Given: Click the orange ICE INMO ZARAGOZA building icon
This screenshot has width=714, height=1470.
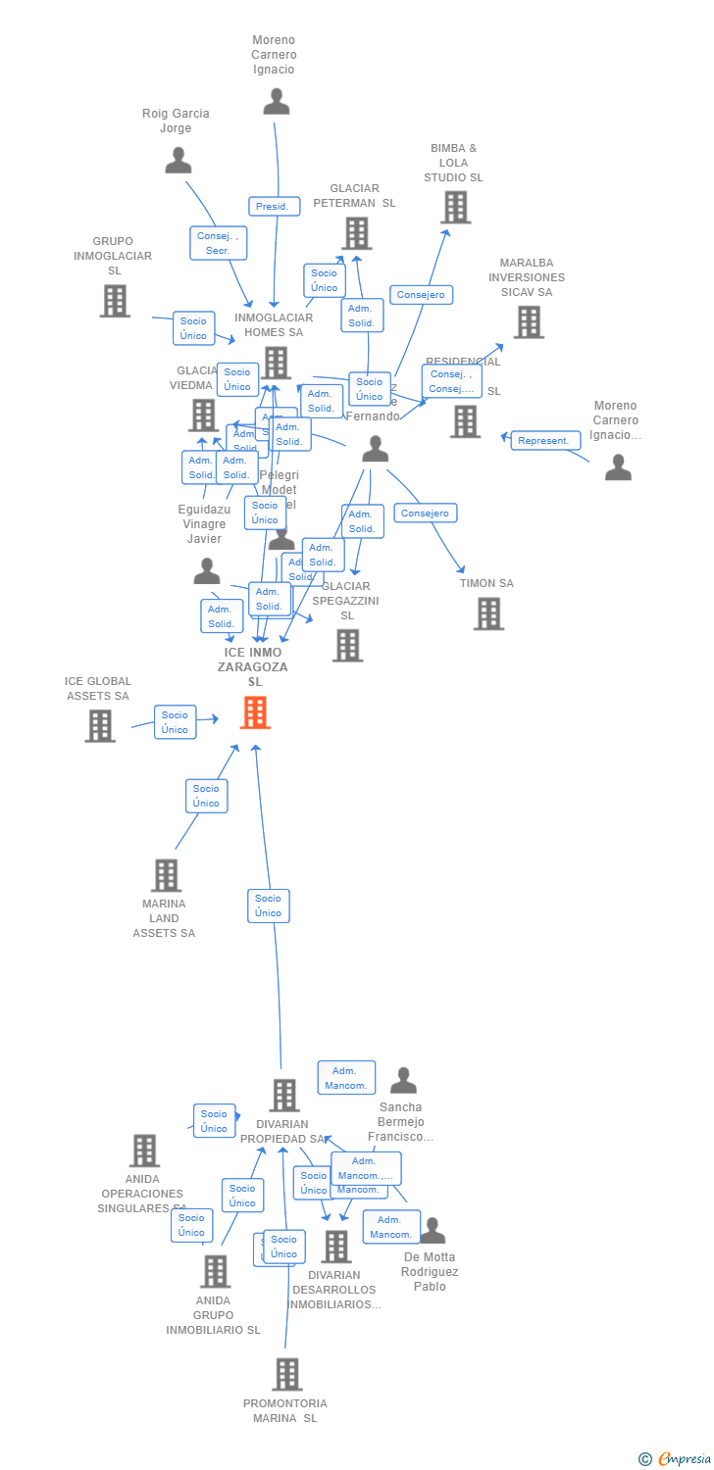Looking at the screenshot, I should (x=255, y=712).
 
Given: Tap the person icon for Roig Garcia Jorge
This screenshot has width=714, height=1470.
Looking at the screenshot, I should (x=178, y=160).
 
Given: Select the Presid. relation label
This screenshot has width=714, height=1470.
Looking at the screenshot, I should (x=274, y=207).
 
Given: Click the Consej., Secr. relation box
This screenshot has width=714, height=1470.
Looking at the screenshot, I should (x=218, y=243).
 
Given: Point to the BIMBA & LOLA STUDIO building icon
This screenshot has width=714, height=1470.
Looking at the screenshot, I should (x=455, y=207).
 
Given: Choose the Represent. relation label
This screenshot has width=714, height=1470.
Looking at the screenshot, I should (x=544, y=441).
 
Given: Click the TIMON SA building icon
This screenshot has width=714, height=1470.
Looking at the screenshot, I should (x=488, y=613).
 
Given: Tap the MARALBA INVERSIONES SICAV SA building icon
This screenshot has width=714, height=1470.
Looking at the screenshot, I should (x=528, y=321).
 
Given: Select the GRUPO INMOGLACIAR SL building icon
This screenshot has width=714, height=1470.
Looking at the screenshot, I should (x=115, y=301).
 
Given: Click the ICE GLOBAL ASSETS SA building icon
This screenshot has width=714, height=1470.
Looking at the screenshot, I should (x=100, y=725).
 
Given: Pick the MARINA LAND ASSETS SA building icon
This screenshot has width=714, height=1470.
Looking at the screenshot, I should (x=166, y=875).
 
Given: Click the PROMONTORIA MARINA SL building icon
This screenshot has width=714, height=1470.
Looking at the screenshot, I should (x=286, y=1374).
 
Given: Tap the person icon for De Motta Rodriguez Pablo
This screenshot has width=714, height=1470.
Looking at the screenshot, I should (x=432, y=1231).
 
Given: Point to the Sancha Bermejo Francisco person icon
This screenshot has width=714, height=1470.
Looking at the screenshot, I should (x=403, y=1081).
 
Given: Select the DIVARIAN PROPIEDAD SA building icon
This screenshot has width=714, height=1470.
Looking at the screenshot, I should (x=283, y=1095).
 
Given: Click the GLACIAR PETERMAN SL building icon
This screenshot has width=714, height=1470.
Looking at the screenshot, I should (x=356, y=233).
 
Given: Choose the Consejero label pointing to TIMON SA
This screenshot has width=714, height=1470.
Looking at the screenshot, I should (x=425, y=513).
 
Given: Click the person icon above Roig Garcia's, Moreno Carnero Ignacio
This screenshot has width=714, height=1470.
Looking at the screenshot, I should (x=277, y=102).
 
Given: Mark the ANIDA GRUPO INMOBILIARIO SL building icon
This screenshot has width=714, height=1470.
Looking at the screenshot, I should (x=215, y=1271).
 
